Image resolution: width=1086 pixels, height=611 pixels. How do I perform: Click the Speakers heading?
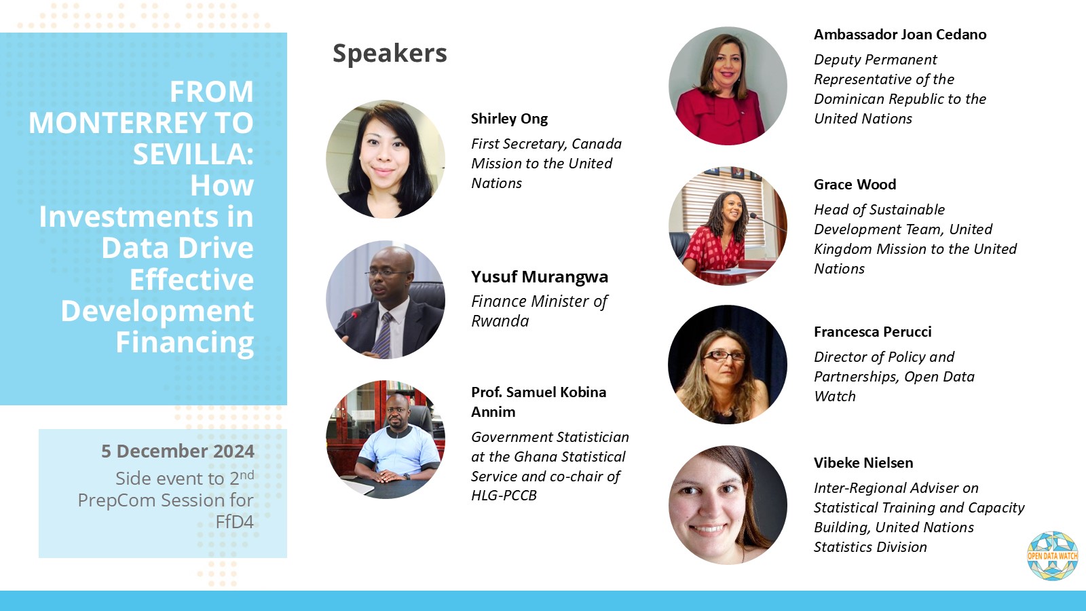coord(390,53)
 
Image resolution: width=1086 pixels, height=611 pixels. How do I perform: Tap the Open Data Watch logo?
coord(1052,556)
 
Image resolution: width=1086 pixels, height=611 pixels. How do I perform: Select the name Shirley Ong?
coord(509,119)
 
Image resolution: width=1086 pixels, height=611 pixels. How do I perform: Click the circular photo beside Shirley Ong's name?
coord(386,159)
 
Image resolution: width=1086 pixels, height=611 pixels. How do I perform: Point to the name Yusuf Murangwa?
coord(540,277)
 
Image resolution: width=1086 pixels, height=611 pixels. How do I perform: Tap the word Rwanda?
coord(500,321)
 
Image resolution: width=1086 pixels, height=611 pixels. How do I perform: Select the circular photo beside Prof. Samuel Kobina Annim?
coord(386,439)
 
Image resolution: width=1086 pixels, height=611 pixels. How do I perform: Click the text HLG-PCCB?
coord(504,496)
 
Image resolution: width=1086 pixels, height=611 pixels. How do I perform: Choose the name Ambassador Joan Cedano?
coord(900,35)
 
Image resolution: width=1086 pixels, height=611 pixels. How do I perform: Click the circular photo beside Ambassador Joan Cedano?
coord(728,86)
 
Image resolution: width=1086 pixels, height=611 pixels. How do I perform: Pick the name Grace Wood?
coord(855,185)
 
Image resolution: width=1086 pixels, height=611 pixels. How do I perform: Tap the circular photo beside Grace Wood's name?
coord(728,226)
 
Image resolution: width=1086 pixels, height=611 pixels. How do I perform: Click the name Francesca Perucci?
coord(872,332)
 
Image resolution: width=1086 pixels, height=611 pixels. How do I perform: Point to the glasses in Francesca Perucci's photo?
coord(724,355)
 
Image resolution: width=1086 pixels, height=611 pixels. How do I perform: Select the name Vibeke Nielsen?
coord(863,463)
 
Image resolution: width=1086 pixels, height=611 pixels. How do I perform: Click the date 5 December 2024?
coord(178,451)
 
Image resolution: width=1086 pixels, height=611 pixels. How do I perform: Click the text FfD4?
coord(234,522)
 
